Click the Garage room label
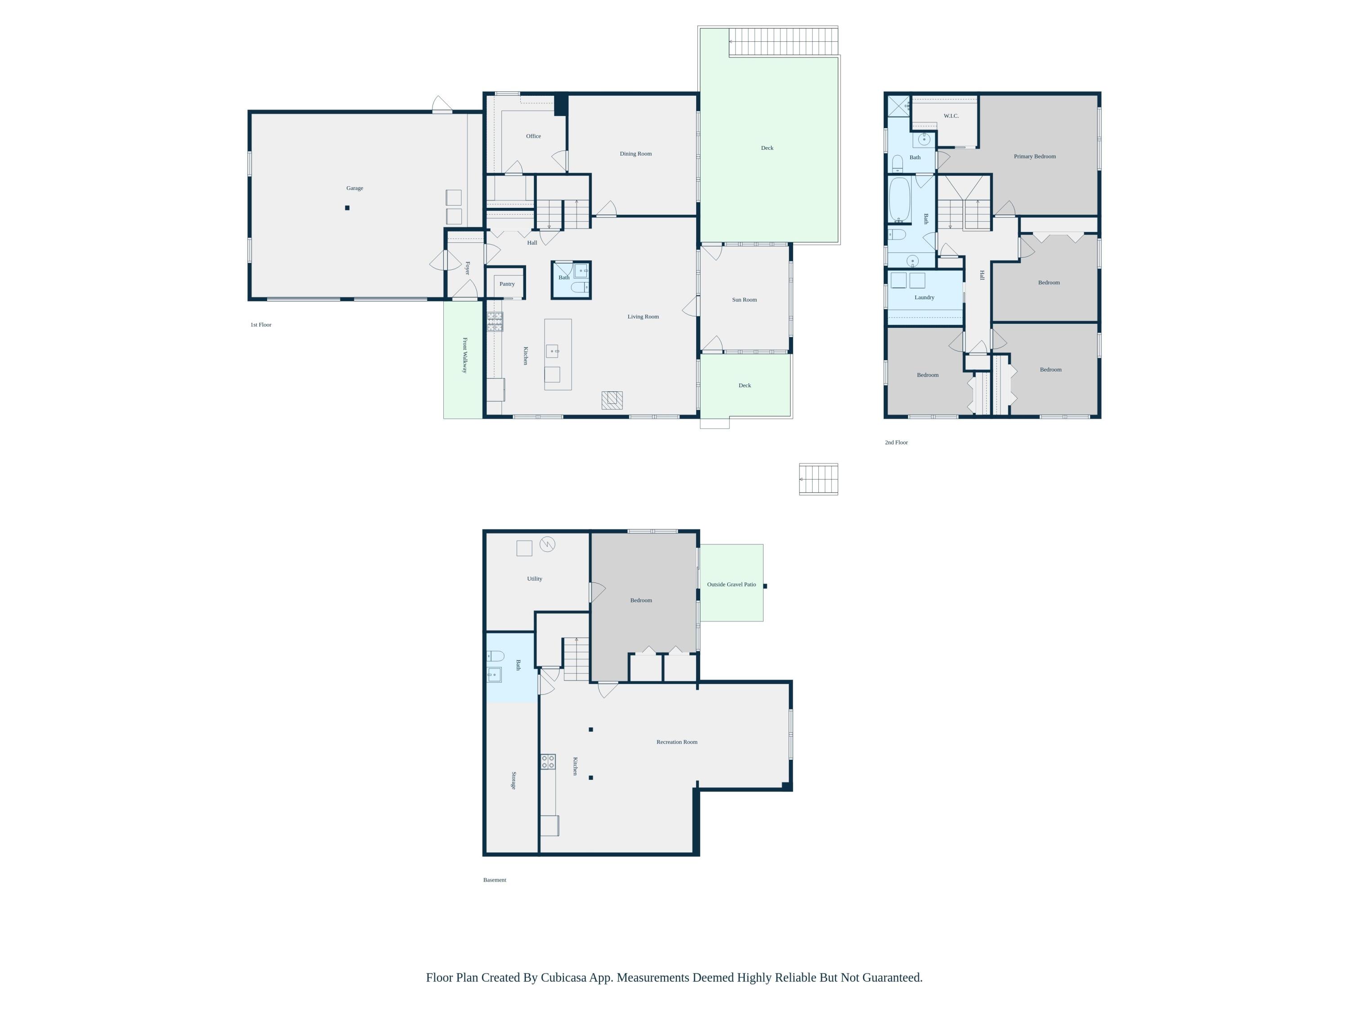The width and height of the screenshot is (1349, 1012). pyautogui.click(x=354, y=188)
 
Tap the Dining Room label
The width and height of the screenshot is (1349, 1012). pyautogui.click(x=635, y=154)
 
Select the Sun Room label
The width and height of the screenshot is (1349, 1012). pyautogui.click(x=744, y=300)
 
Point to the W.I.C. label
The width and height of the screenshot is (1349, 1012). pyautogui.click(x=951, y=116)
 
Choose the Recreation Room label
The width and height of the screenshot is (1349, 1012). pyautogui.click(x=676, y=742)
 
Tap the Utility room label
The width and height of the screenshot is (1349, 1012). pyautogui.click(x=534, y=578)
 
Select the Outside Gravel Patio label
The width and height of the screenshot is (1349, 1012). pyautogui.click(x=731, y=584)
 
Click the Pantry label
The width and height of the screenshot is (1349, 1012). pyautogui.click(x=507, y=284)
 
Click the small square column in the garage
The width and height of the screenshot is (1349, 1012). pyautogui.click(x=347, y=208)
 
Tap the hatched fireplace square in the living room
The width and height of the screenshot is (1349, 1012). pyautogui.click(x=612, y=400)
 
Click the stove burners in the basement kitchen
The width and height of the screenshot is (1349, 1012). pyautogui.click(x=548, y=761)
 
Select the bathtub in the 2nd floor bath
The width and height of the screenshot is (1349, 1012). pyautogui.click(x=899, y=199)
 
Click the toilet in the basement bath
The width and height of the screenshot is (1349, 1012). pyautogui.click(x=495, y=656)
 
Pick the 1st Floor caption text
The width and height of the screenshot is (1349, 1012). pyautogui.click(x=260, y=325)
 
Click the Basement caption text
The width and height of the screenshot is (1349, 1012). pyautogui.click(x=495, y=880)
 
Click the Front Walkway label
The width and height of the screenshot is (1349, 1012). pyautogui.click(x=465, y=355)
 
